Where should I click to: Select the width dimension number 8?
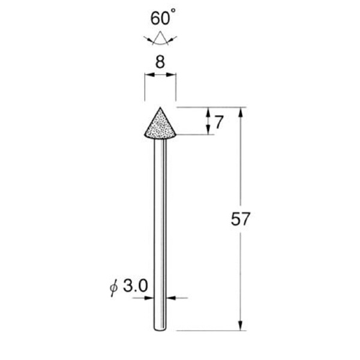coord(160,62)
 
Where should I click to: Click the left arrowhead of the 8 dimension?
coord(148,75)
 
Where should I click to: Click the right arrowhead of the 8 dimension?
coord(173,75)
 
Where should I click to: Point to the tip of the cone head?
coord(160,108)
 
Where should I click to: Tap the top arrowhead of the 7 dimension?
coord(208,112)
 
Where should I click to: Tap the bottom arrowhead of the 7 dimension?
coord(208,131)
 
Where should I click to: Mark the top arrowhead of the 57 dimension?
coord(241,112)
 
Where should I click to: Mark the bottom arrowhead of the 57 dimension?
coord(241,326)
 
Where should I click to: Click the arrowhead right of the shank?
coord(171,297)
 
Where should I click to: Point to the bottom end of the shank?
coord(160,329)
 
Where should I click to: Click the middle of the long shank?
coord(160,234)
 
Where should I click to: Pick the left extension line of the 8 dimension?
coord(145,87)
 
